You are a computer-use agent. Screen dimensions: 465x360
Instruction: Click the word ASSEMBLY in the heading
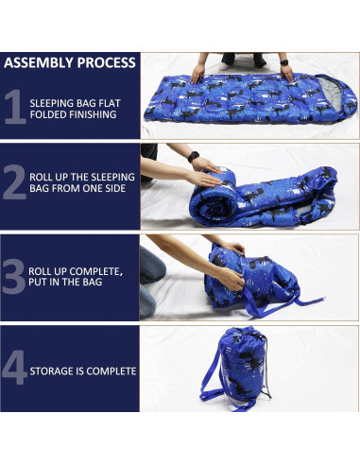coord(39,63)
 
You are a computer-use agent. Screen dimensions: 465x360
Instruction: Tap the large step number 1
coord(14,107)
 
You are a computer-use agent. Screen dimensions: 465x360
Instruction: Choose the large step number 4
coord(14,369)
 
